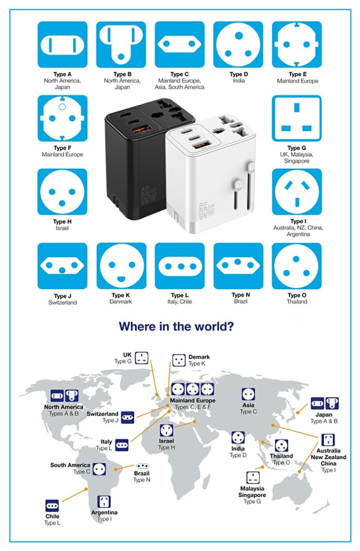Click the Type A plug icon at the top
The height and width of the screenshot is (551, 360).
point(62,46)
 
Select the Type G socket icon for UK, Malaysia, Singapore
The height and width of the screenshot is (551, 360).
point(297,119)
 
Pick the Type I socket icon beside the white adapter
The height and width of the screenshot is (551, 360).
point(297,192)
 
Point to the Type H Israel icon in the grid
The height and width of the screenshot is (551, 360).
point(62,192)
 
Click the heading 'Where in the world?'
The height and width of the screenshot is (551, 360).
point(176,327)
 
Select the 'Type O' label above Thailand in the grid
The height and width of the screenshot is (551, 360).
point(297,295)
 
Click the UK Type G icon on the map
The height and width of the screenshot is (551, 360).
point(142,357)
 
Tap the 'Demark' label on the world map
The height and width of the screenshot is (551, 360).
point(199,357)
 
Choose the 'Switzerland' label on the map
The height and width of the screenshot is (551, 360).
point(103,414)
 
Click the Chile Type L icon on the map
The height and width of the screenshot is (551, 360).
point(52,505)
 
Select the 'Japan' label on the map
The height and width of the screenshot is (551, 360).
point(324,415)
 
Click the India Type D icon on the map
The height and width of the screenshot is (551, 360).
point(238,437)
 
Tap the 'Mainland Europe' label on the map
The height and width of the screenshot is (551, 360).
point(193,401)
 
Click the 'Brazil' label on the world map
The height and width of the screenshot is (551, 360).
point(141,474)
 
